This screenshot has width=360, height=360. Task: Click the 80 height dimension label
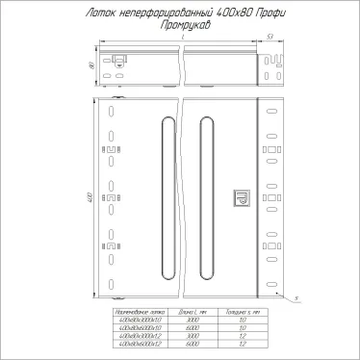coord(88,65)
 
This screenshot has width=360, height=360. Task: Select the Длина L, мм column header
coord(193,314)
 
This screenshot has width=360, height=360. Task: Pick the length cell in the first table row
coord(193,321)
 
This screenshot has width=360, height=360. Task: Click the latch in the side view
coord(120,59)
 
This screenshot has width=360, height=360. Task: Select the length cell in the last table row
coord(193,343)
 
